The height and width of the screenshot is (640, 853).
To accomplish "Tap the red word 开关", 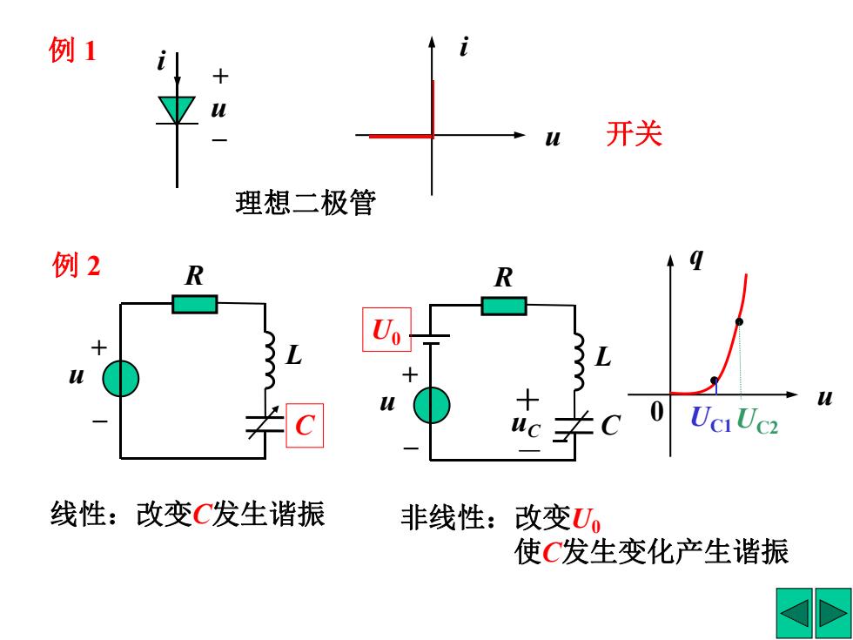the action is (x=635, y=134).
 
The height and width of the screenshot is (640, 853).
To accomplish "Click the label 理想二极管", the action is (x=306, y=203).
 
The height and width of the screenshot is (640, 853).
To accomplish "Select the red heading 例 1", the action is (x=72, y=51).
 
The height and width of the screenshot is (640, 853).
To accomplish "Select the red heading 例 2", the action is (x=77, y=266).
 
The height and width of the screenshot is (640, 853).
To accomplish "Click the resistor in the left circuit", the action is (x=195, y=304).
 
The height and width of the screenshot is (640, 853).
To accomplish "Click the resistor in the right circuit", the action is (x=504, y=306).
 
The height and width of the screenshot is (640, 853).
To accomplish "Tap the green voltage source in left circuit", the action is (x=121, y=378).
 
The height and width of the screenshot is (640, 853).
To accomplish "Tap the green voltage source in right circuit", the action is (x=432, y=406).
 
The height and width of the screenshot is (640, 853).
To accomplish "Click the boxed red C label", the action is (x=305, y=426).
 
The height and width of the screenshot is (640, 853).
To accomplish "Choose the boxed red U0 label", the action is (x=386, y=330).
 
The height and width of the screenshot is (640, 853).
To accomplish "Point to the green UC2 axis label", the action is (x=757, y=421).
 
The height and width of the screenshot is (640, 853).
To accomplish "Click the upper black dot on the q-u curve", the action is (x=739, y=321).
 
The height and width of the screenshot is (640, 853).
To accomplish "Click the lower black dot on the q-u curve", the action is (x=715, y=381).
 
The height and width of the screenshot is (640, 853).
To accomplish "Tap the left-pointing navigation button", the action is (x=794, y=613).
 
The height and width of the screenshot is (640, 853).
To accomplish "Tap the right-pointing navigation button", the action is (x=833, y=613).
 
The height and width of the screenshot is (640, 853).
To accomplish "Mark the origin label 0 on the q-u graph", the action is (x=657, y=411).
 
